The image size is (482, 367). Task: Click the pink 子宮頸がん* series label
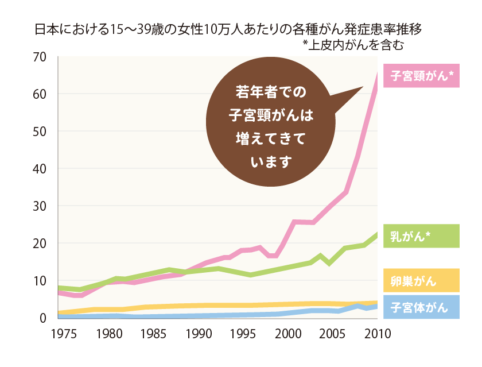tap(422, 76)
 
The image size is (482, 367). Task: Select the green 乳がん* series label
tap(422, 236)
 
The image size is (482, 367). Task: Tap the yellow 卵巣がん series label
tap(422, 281)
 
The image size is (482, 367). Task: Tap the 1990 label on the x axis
tap(199, 333)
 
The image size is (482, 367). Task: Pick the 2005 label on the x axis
tap(333, 333)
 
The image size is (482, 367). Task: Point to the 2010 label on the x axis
tap(378, 333)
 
